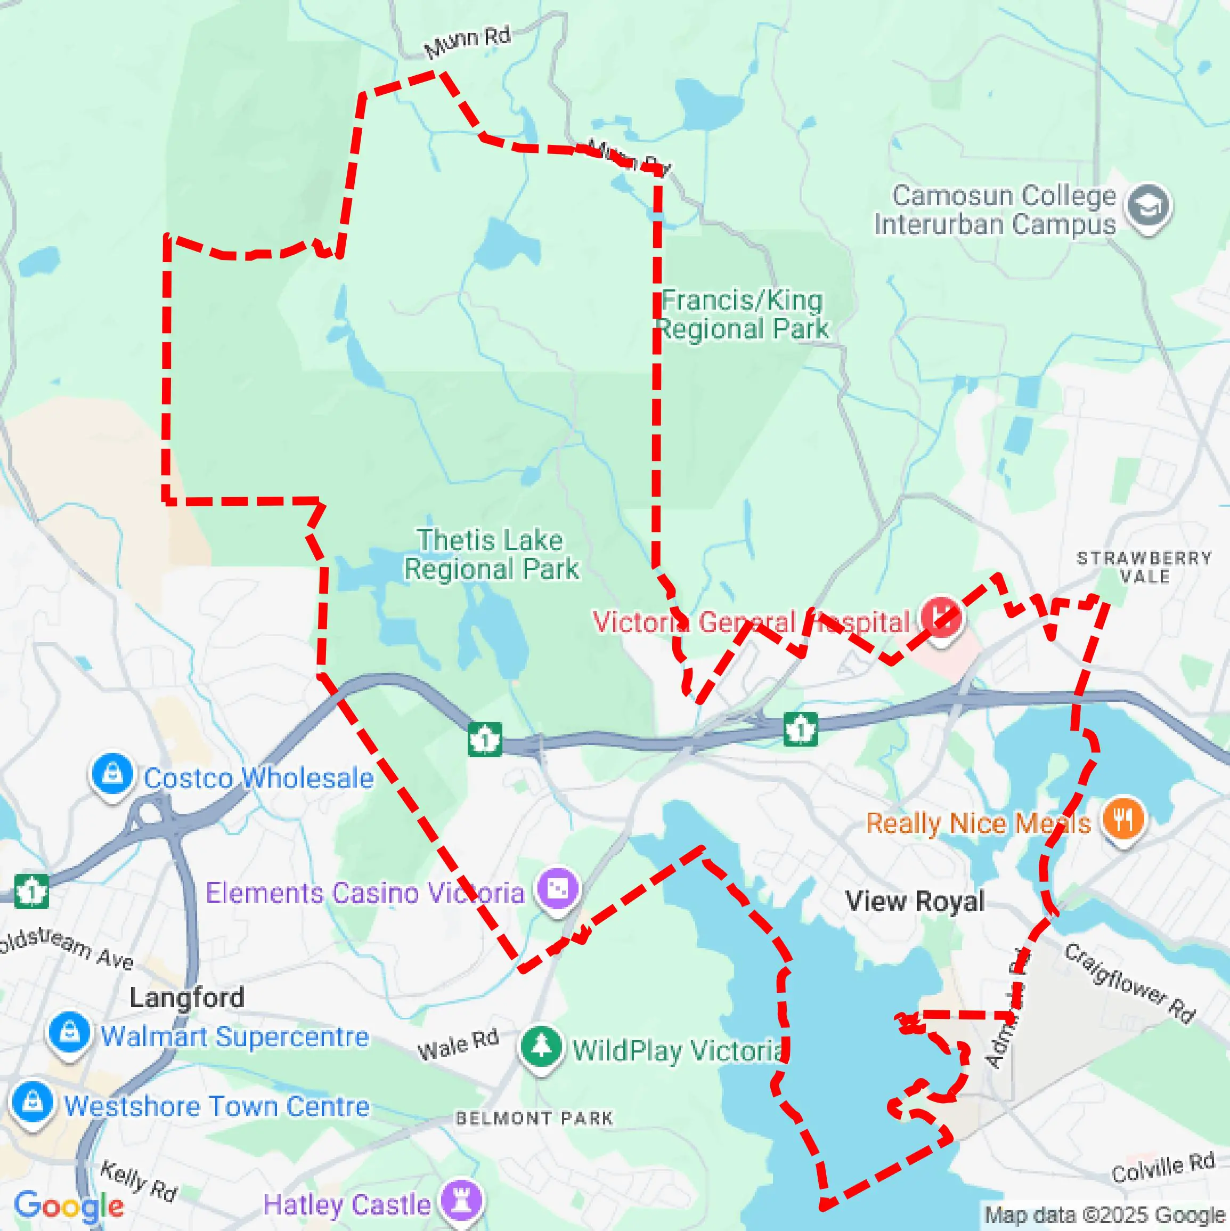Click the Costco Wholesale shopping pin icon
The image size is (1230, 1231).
point(112,774)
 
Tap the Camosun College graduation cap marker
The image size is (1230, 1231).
point(1148,206)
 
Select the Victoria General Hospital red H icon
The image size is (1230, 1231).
point(941,616)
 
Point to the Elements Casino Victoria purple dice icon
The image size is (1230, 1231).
point(557,888)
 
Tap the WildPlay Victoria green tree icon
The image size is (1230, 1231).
point(541,1046)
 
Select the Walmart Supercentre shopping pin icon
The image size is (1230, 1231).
point(69,1032)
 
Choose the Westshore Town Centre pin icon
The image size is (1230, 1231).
point(32,1101)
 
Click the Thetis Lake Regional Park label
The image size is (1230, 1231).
point(491,554)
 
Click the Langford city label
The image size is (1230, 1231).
point(186,998)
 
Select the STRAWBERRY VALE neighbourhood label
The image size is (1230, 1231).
point(1144,567)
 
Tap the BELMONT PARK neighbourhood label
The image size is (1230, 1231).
point(534,1118)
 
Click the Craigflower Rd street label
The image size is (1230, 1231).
point(1129,983)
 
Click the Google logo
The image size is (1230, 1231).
point(69,1205)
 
